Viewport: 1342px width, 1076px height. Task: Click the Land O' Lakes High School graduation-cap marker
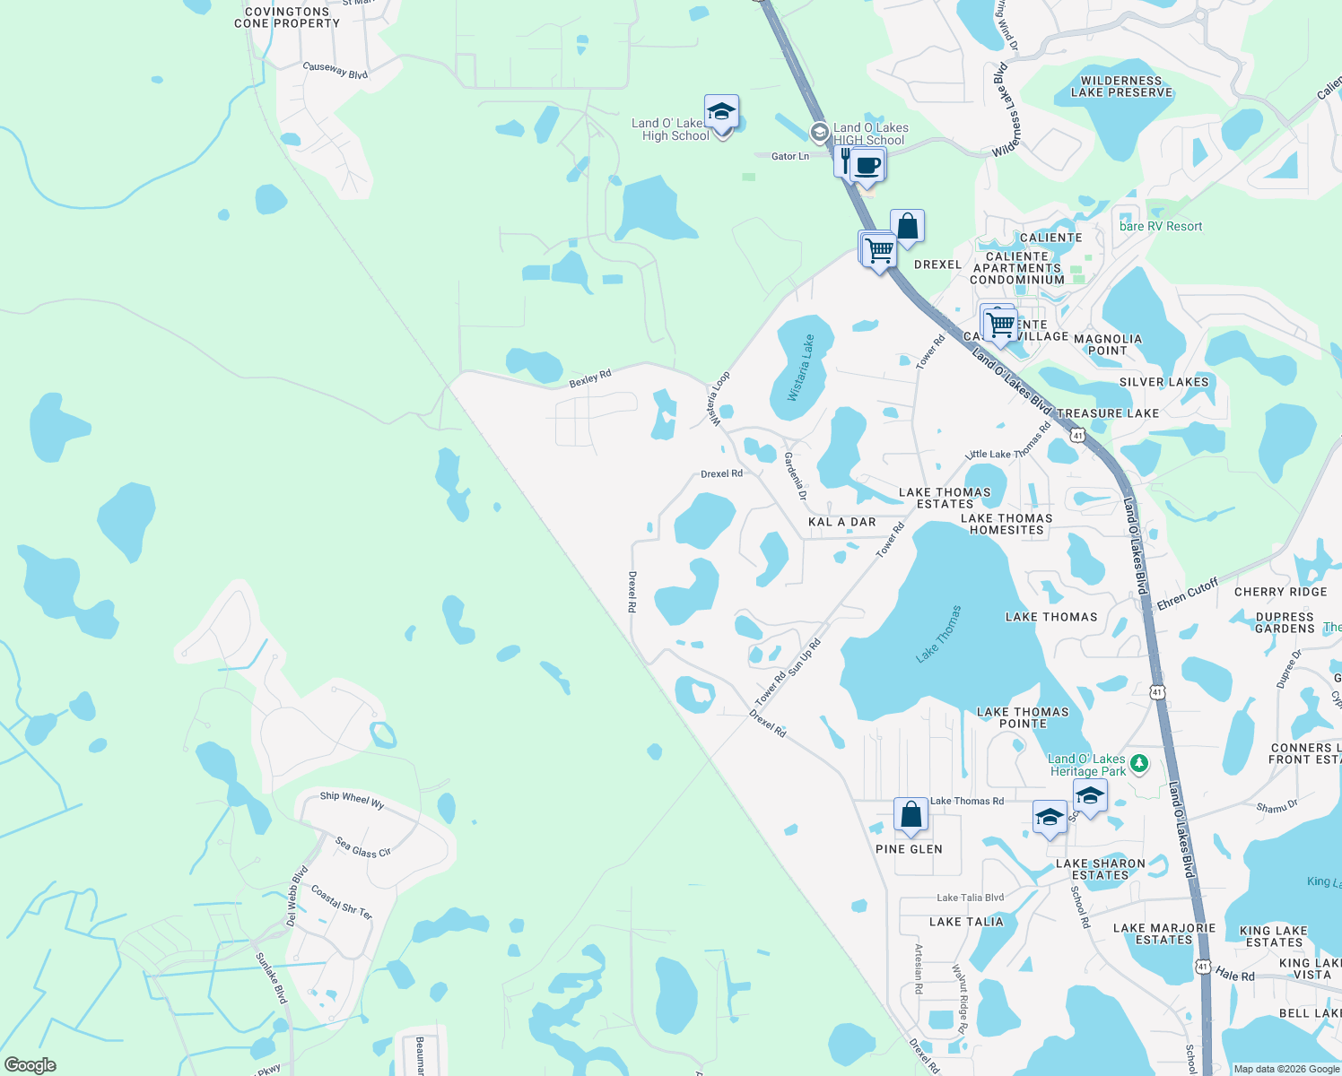pos(721,113)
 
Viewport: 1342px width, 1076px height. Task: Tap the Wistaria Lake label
pos(801,368)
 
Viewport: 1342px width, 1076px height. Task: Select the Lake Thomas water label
pos(938,634)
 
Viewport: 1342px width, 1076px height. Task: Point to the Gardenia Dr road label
pos(796,476)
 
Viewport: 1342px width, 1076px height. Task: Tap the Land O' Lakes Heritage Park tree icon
pos(1138,764)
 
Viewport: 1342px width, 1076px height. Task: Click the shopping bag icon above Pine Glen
pos(911,815)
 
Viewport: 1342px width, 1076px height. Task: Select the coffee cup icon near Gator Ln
pos(867,166)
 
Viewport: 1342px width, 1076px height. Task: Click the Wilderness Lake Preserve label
pos(1121,86)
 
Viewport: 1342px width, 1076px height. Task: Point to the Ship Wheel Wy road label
pos(352,800)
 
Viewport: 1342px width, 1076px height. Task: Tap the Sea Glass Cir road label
pos(363,846)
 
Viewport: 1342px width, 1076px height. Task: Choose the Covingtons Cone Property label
pos(287,18)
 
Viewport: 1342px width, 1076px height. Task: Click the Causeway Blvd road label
pos(335,70)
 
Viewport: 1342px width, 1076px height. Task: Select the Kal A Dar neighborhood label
pos(841,522)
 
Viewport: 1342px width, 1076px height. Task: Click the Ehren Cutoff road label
pos(1188,594)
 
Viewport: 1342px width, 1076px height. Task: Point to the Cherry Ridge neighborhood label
pos(1280,592)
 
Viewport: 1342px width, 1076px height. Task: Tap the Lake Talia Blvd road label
pos(970,898)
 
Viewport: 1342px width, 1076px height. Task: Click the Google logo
pos(30,1064)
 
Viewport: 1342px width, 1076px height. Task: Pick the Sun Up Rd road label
pos(805,656)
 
